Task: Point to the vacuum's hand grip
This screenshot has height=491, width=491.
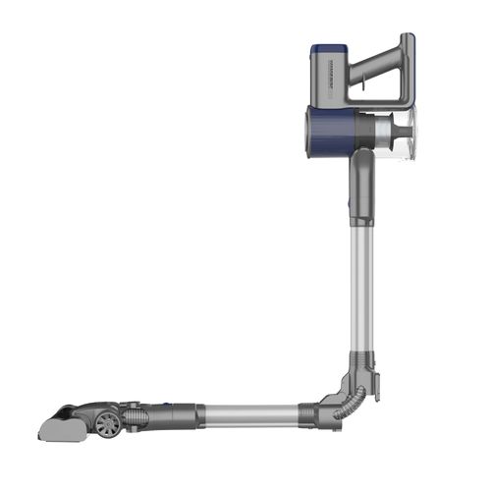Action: tap(404, 74)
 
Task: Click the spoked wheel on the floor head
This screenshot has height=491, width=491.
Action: tap(109, 423)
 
